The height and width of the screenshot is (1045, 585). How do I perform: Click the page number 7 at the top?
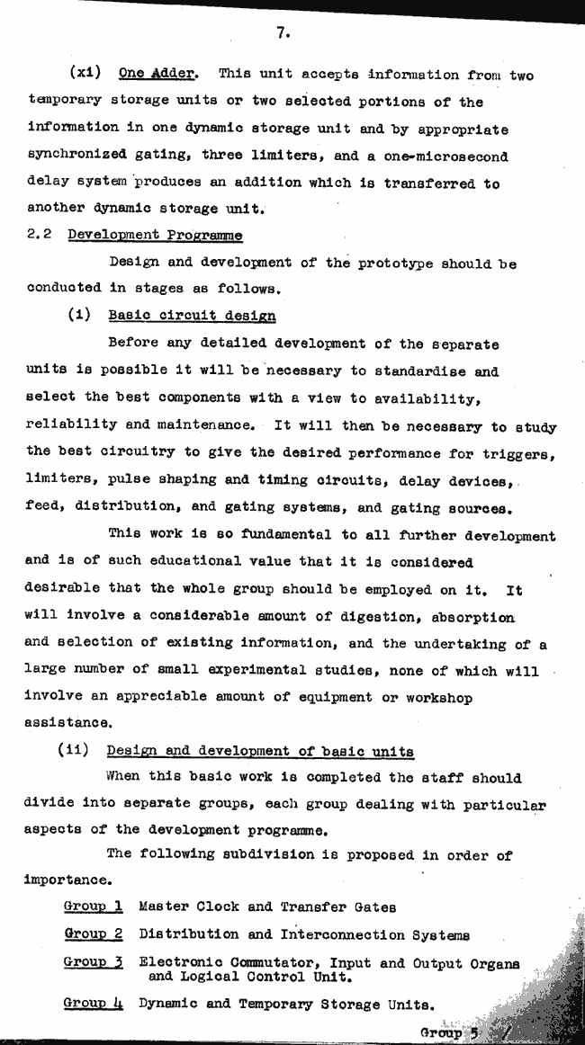281,33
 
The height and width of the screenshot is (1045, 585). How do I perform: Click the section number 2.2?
40,236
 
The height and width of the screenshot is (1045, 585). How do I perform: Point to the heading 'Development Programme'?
155,236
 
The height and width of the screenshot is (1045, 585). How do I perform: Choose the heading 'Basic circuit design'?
192,316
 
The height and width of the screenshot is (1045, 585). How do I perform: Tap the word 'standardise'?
421,371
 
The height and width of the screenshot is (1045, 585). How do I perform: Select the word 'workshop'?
431,698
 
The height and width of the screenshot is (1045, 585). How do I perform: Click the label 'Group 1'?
93,907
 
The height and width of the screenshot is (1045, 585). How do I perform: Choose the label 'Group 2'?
93,934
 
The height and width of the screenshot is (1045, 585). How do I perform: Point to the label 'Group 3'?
93,962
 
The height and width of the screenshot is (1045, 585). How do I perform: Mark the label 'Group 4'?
93,1004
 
